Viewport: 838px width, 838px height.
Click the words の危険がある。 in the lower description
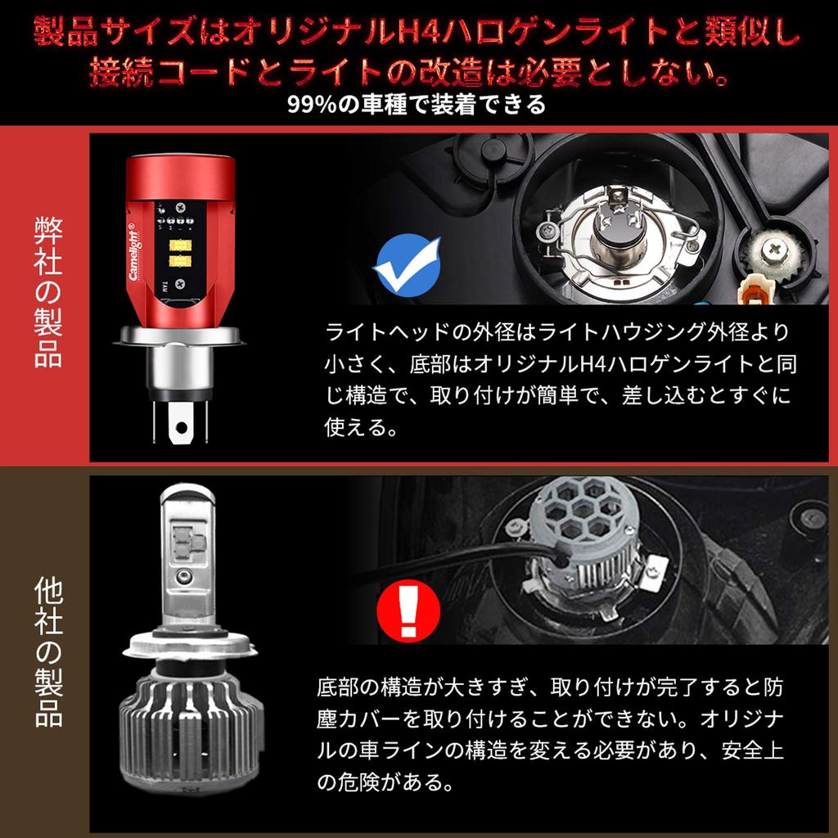[385, 783]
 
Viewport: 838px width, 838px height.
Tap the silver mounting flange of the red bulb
[180, 336]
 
